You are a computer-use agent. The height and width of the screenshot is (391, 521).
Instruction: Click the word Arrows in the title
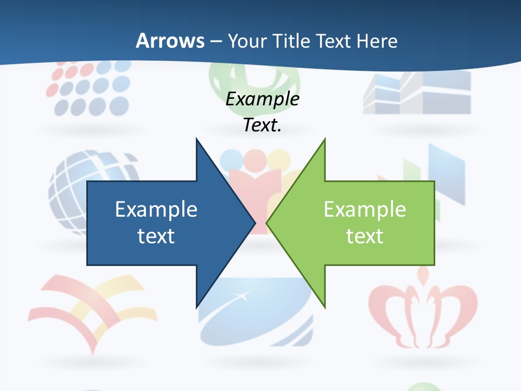170,41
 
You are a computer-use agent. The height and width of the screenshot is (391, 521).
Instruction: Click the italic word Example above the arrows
262,99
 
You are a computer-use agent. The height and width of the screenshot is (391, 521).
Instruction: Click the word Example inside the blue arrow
156,209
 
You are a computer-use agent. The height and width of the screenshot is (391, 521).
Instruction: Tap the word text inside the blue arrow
156,236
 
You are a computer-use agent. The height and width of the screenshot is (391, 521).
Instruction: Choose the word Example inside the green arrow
365,209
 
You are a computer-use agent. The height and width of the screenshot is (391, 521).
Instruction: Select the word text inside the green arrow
365,236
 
